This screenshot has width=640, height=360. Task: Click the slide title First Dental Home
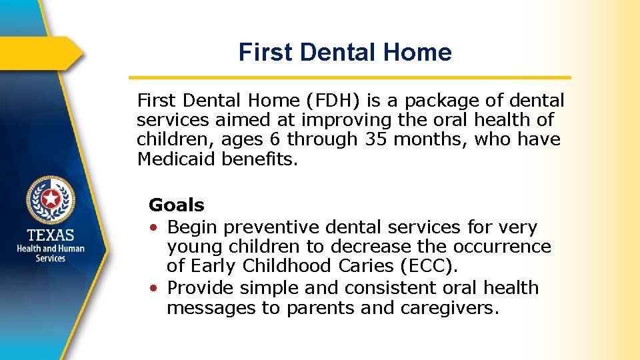click(x=345, y=52)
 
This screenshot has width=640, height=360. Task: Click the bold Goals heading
click(x=176, y=205)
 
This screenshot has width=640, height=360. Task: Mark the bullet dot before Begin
click(x=154, y=228)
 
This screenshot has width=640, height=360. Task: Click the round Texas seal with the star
click(x=51, y=199)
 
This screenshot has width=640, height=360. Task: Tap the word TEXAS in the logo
click(x=51, y=235)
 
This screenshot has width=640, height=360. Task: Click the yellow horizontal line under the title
click(x=349, y=77)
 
